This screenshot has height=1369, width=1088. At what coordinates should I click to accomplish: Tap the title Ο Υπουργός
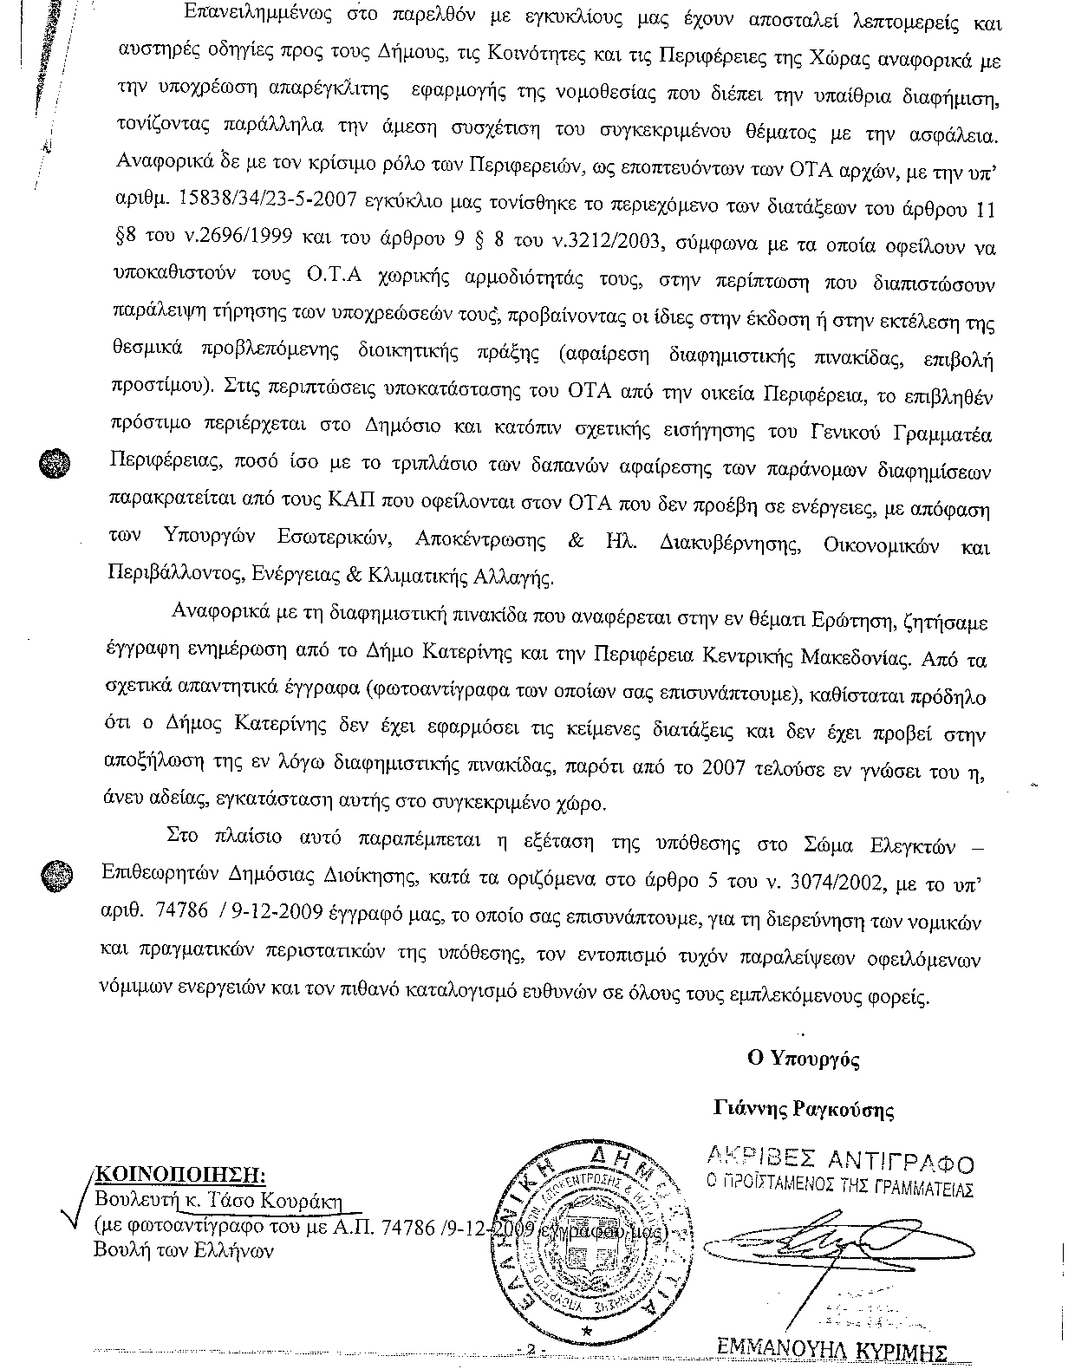[x=803, y=1058]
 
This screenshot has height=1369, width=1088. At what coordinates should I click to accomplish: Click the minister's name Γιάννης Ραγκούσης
[x=803, y=1110]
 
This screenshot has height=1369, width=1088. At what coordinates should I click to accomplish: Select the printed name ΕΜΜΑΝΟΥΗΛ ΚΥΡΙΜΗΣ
[x=833, y=1350]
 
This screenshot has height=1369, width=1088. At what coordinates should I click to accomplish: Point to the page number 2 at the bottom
[x=528, y=1351]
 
